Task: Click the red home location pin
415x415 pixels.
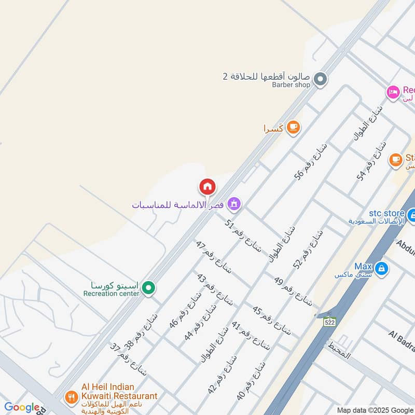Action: point(207,186)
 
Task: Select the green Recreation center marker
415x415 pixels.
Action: point(149,287)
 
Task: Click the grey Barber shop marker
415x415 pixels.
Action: point(321,79)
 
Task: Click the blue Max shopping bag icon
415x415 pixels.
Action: point(382,268)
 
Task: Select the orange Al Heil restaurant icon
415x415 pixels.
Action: point(71,398)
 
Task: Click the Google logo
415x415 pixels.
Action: point(22,408)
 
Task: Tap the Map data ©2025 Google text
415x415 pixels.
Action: point(375,410)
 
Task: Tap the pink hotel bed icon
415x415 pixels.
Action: point(393,92)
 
